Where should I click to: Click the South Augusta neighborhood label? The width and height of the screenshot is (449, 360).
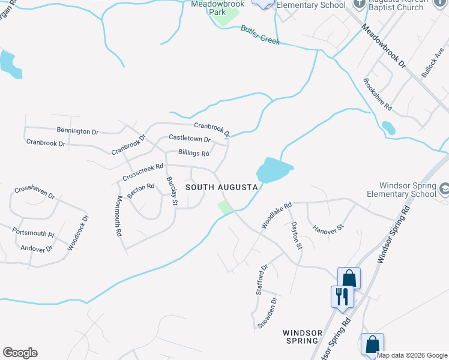click(x=221, y=187)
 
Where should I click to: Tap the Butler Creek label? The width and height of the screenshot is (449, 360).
click(x=260, y=35)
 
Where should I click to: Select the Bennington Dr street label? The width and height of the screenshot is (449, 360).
click(x=77, y=131)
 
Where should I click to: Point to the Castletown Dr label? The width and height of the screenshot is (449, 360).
click(x=190, y=139)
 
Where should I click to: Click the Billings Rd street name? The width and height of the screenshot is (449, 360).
click(x=189, y=153)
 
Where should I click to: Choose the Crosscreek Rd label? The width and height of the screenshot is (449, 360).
click(x=143, y=172)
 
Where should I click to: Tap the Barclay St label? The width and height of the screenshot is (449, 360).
click(x=172, y=191)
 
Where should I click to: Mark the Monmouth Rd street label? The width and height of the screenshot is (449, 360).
click(x=119, y=215)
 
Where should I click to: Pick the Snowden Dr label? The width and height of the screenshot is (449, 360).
click(x=267, y=313)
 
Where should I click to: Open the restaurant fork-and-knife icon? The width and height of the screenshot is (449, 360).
click(x=340, y=296)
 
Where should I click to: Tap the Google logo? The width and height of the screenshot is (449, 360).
click(x=20, y=353)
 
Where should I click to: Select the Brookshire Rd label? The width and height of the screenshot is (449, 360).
click(x=378, y=95)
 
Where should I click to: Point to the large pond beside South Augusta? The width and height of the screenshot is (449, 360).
click(x=274, y=169)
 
